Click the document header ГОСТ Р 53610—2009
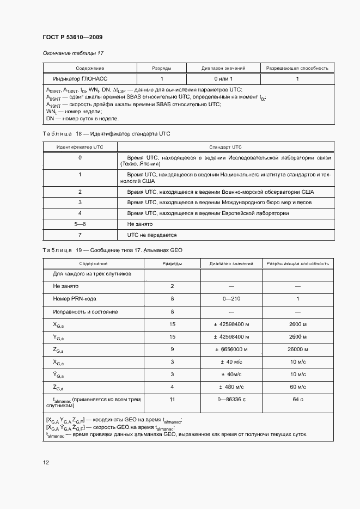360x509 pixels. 72,37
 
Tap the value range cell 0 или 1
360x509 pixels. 223,79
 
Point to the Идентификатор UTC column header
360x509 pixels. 80,147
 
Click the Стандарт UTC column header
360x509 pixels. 225,147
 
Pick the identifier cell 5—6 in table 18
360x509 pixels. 80,224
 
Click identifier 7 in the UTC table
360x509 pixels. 80,235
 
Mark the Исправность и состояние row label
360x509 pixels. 85,312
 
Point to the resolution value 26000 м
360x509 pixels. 298,349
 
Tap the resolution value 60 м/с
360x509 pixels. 298,387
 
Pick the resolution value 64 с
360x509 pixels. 298,400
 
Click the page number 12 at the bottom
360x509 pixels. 46,462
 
